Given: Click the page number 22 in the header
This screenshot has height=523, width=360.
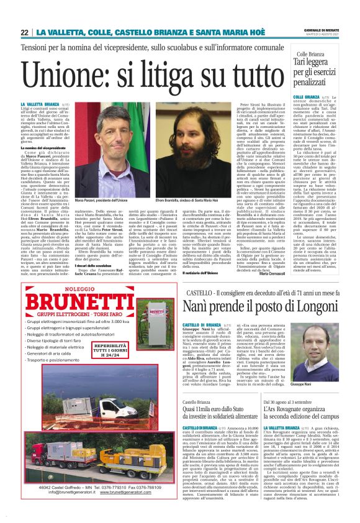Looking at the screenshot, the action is tap(24, 32).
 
